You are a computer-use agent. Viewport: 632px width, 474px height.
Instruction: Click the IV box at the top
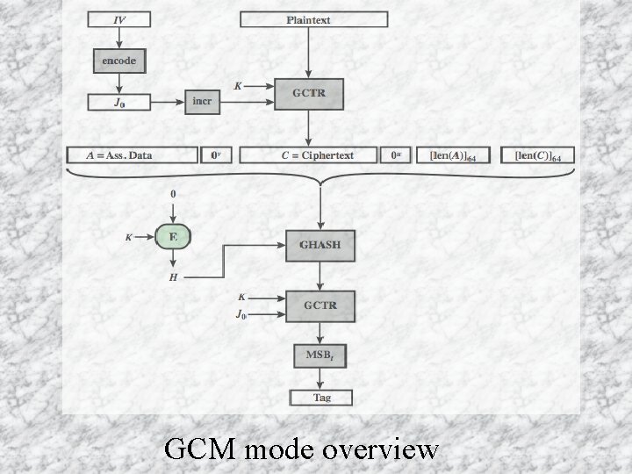tap(118, 19)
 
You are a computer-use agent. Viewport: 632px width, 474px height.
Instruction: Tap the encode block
tap(118, 61)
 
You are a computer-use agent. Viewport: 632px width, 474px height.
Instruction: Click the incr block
tap(202, 101)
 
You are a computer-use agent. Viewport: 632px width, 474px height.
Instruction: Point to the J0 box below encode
tap(118, 102)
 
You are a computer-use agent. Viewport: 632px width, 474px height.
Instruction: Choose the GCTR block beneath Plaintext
tap(308, 91)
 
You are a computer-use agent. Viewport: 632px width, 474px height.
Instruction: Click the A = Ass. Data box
tap(133, 155)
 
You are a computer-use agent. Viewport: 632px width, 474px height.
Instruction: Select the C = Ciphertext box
tap(308, 155)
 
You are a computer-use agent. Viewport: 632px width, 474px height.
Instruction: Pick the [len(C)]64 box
tap(543, 155)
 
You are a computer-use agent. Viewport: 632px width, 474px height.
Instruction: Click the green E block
tap(172, 236)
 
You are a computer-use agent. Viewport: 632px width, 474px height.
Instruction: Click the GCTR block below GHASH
tap(321, 306)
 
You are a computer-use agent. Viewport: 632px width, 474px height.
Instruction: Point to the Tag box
tap(321, 398)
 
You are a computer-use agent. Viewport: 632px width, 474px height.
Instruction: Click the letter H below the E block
tap(172, 277)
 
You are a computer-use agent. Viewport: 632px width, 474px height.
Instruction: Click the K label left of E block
tap(129, 237)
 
